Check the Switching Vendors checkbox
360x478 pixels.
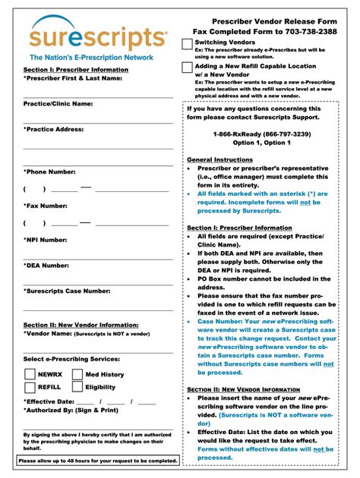[x=188, y=45]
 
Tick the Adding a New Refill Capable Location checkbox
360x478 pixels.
[x=188, y=68]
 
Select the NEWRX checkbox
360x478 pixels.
[x=30, y=374]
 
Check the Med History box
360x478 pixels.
[x=77, y=374]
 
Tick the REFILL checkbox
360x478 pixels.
[x=30, y=387]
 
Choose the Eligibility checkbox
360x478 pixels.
[x=77, y=387]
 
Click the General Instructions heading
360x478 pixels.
[x=220, y=159]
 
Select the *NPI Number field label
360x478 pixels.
[x=46, y=240]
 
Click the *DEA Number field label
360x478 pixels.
[x=46, y=265]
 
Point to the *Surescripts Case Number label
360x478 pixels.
[x=67, y=291]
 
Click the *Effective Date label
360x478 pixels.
[x=49, y=401]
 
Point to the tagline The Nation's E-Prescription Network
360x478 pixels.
[x=91, y=57]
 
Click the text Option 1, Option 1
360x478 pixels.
[x=261, y=143]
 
